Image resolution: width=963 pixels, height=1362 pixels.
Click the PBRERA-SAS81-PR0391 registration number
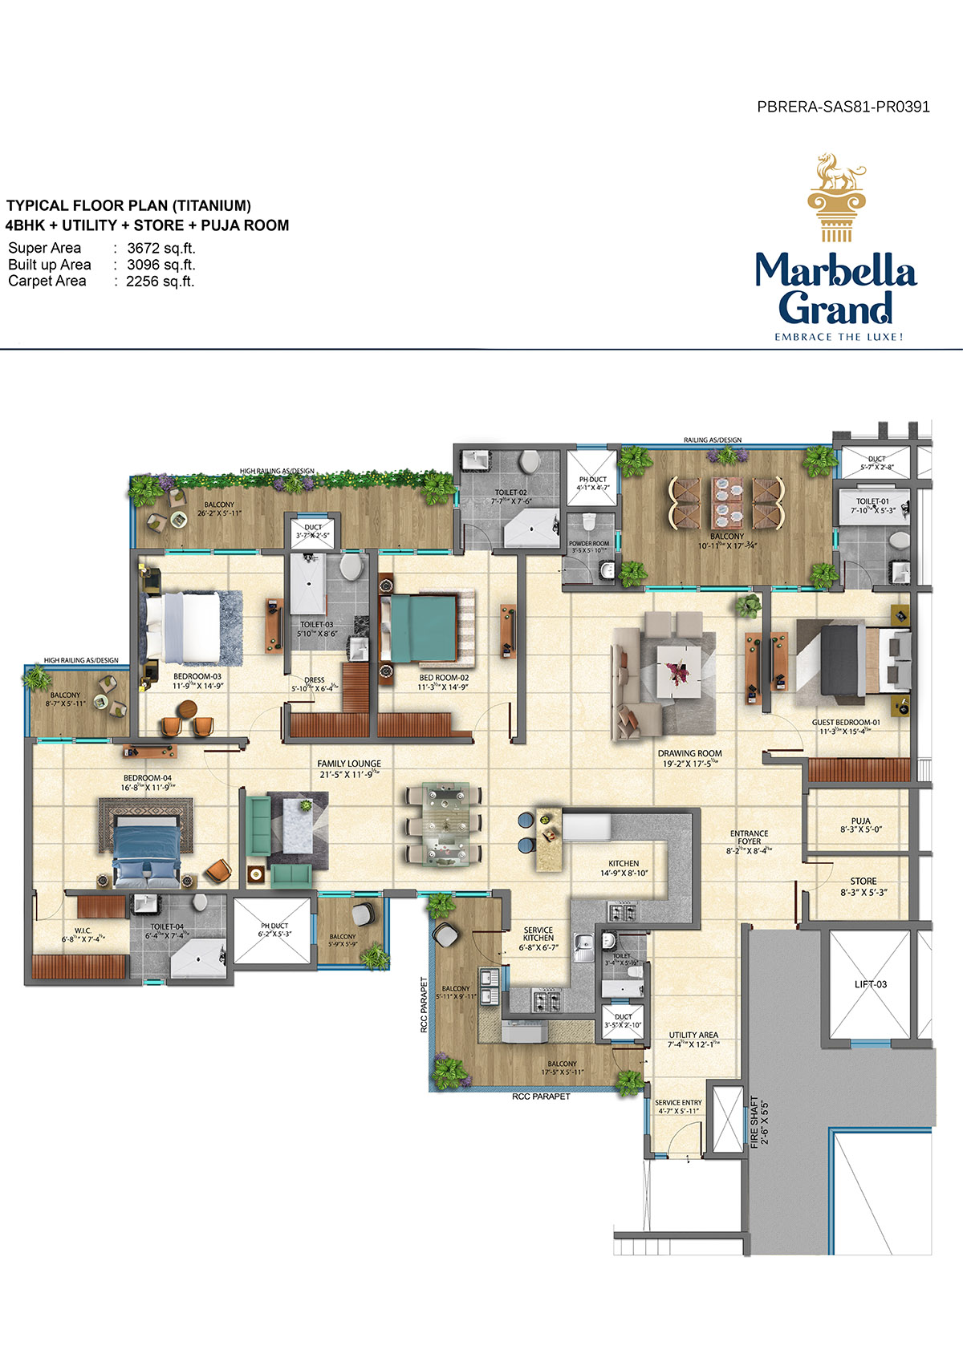[843, 107]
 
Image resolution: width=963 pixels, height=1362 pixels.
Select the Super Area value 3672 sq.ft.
[160, 248]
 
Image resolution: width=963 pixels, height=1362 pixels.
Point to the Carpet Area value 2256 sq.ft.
[160, 282]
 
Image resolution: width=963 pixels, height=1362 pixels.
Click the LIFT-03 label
[870, 984]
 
